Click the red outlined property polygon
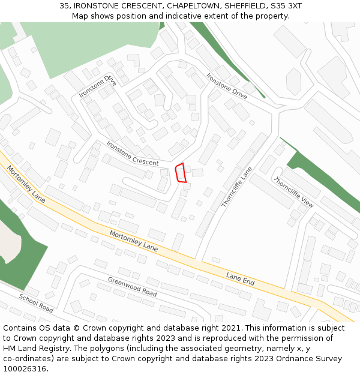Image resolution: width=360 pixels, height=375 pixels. tap(180, 172)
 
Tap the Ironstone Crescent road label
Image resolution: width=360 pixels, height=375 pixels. tap(132, 154)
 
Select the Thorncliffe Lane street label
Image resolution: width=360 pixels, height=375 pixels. tap(237, 187)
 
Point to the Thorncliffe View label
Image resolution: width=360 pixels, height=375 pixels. tap(293, 193)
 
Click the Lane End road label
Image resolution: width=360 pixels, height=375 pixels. tap(241, 279)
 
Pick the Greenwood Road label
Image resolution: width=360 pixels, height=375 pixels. tap(132, 287)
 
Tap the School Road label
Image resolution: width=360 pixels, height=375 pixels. tap(36, 303)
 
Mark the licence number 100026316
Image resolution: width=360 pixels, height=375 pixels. tap(25, 369)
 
